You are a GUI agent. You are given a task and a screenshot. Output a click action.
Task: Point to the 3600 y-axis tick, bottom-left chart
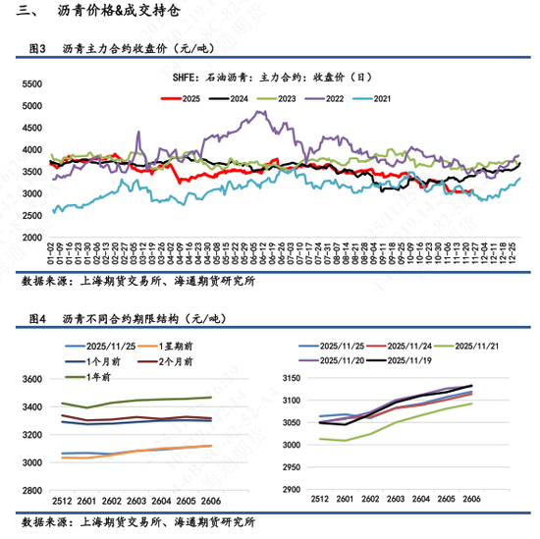[x=32, y=380]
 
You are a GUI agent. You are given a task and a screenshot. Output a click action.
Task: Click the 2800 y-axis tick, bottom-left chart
[x=32, y=490]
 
